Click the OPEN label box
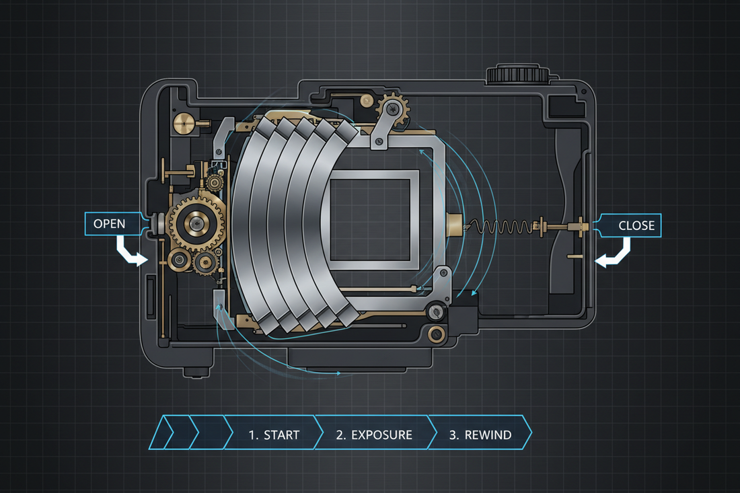click(109, 224)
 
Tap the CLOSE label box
click(630, 225)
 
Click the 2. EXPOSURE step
click(373, 434)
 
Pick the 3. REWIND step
click(480, 434)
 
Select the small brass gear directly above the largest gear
click(215, 182)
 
